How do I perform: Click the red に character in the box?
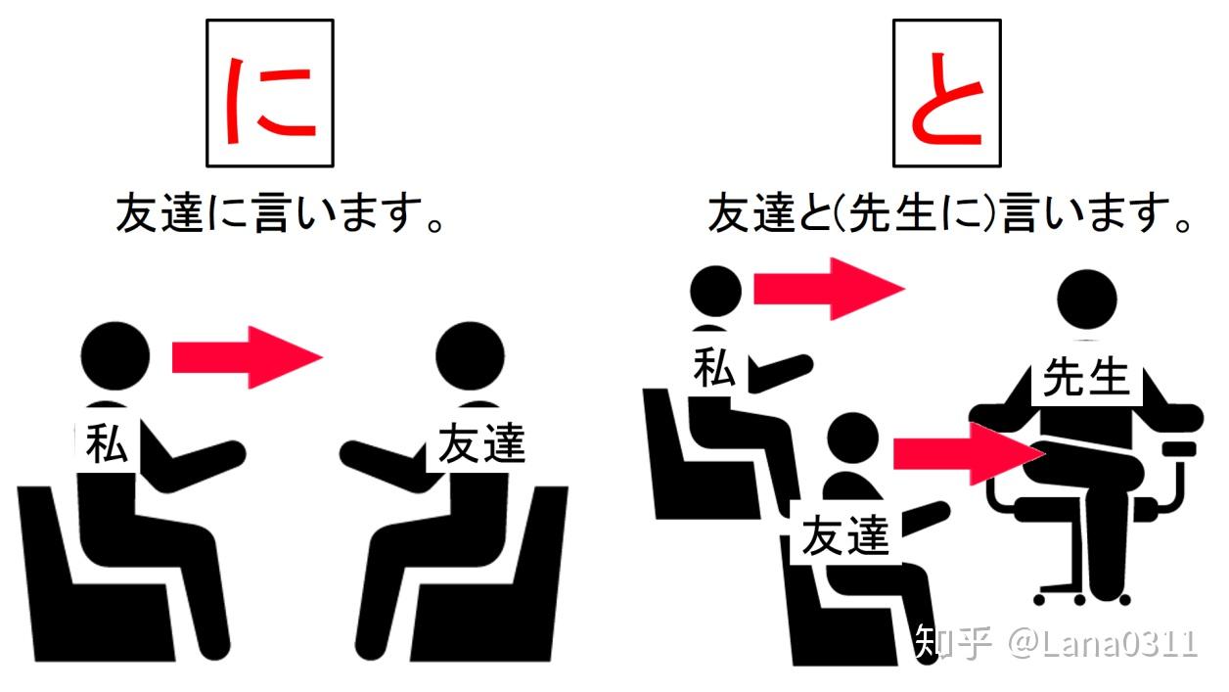[x=270, y=102]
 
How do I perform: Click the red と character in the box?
[x=946, y=99]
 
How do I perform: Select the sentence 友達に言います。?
[x=280, y=213]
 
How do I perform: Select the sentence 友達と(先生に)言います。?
[x=949, y=213]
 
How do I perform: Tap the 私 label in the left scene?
[x=107, y=443]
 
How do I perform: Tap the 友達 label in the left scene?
[x=481, y=442]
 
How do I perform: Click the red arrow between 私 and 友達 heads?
[x=247, y=357]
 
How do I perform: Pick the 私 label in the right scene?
[x=713, y=367]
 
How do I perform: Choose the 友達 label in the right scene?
[x=845, y=535]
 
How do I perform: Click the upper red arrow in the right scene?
[x=829, y=289]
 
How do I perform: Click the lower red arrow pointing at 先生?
[x=969, y=453]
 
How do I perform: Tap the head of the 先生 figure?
[x=1087, y=300]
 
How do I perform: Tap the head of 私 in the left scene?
[x=115, y=355]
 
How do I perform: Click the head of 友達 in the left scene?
[x=471, y=355]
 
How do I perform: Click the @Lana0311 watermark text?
[x=1103, y=643]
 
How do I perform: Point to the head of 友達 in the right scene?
[x=852, y=439]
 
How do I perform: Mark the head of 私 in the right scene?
[x=715, y=292]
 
